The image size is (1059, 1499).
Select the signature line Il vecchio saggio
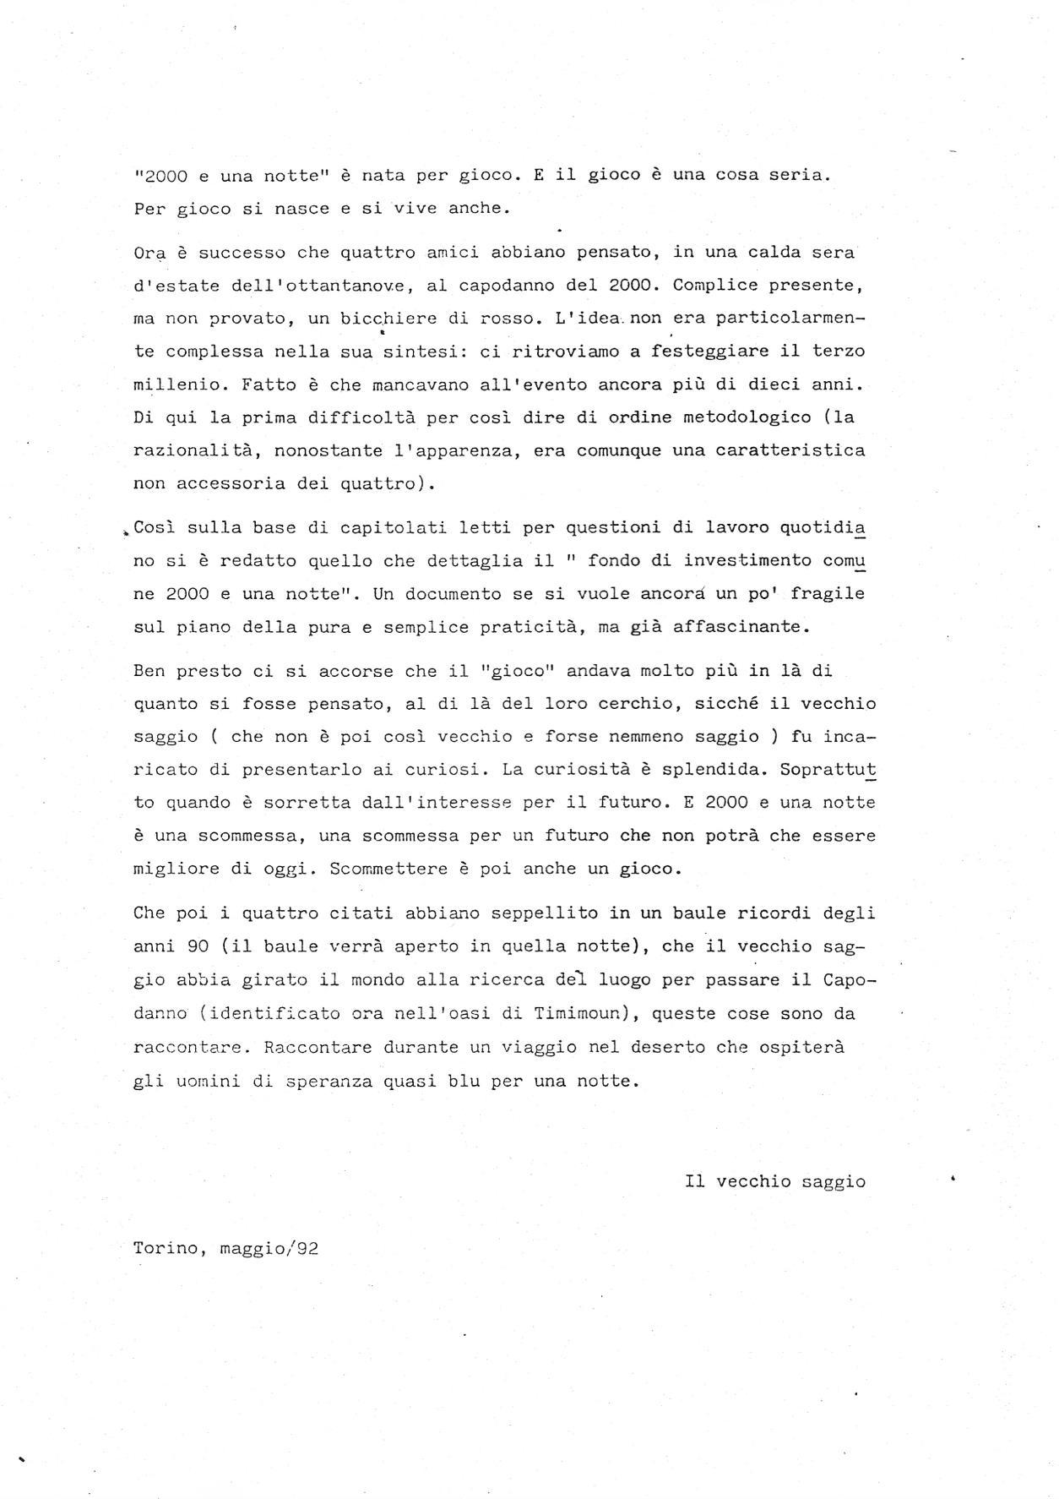tap(775, 1181)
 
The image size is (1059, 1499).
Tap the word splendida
tap(716, 770)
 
